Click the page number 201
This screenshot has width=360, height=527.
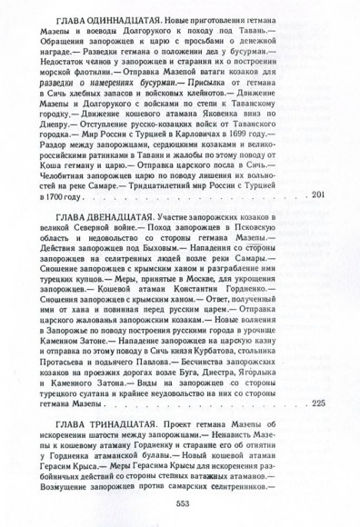[317, 220]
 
